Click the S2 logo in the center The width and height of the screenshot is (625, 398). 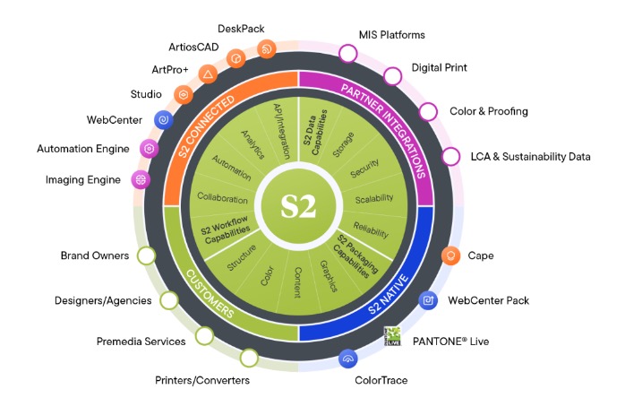point(298,204)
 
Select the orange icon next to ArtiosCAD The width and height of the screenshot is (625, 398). point(235,57)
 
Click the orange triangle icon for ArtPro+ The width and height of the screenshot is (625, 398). point(207,73)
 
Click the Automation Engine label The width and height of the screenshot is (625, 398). point(83,149)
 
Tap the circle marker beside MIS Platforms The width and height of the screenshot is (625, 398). point(347,53)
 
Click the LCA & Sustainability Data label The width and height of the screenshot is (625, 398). point(531,157)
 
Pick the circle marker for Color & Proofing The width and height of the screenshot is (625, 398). point(428,112)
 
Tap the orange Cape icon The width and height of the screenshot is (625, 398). point(453,255)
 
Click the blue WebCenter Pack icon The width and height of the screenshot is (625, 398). point(428,300)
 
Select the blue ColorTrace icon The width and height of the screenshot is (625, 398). point(348,359)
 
